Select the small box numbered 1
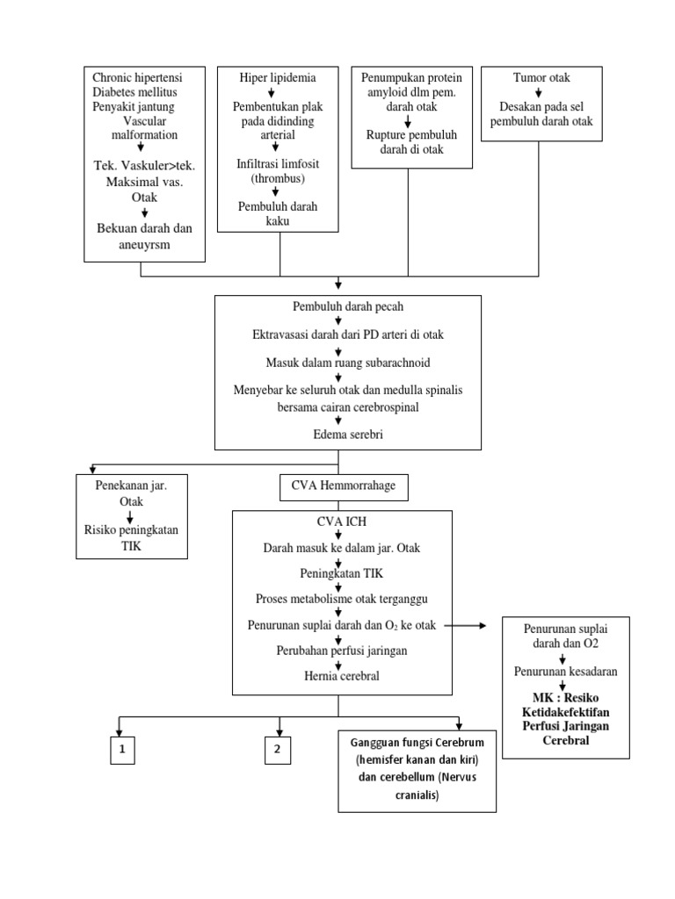(x=122, y=749)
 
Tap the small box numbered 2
(x=278, y=749)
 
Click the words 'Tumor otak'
(x=541, y=78)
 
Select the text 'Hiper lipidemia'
(x=278, y=78)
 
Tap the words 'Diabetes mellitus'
(x=136, y=92)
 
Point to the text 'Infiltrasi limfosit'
(x=279, y=164)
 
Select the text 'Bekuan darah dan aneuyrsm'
(x=144, y=237)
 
